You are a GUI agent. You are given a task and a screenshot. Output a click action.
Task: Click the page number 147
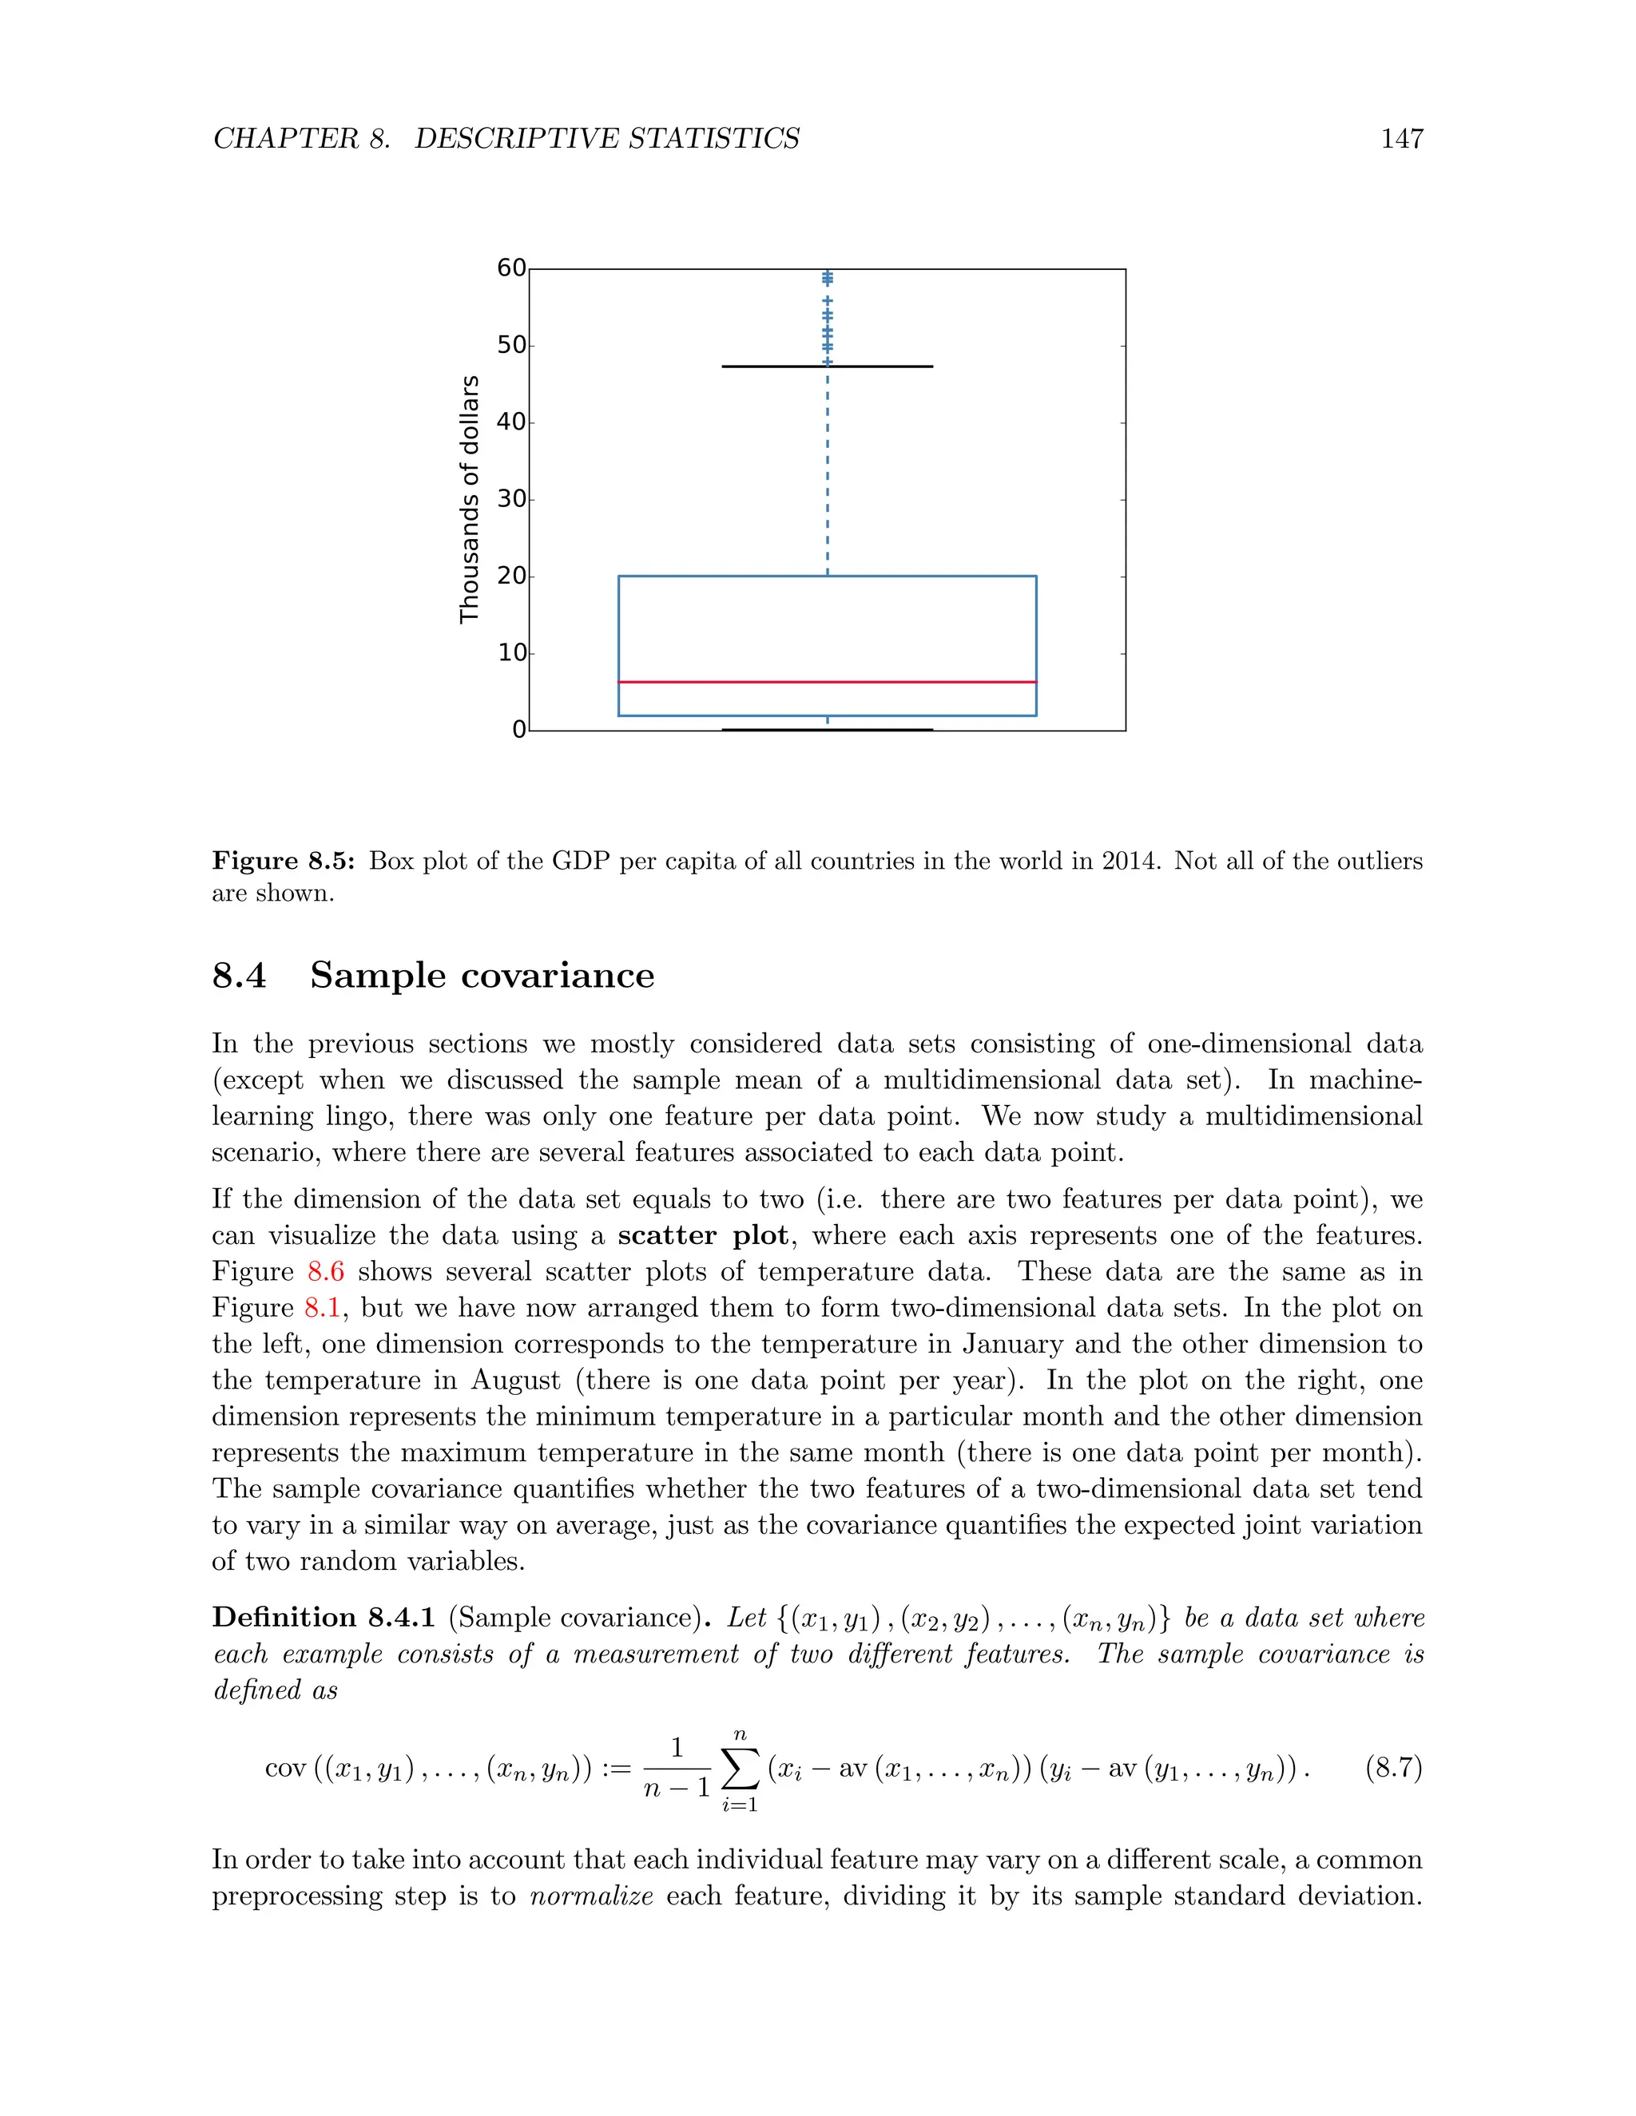(x=1401, y=139)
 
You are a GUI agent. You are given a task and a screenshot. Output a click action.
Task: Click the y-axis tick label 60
(x=510, y=268)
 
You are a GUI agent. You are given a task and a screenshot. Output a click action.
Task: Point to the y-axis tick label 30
(x=510, y=499)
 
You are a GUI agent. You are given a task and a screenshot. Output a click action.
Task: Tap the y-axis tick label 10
(x=510, y=653)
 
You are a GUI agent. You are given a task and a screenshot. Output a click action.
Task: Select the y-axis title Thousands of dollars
(x=469, y=499)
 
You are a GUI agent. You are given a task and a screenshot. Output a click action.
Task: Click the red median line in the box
(x=827, y=682)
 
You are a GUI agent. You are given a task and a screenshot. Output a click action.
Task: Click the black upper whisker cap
(x=827, y=367)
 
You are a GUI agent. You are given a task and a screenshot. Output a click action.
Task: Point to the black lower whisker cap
(x=827, y=730)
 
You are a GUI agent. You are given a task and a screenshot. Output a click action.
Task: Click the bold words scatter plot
(x=703, y=1236)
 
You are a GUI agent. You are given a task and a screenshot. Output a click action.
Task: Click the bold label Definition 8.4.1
(x=324, y=1618)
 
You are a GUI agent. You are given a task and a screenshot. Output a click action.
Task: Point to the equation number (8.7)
(x=1392, y=1768)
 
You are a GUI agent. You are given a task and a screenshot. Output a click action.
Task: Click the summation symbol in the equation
(x=740, y=1770)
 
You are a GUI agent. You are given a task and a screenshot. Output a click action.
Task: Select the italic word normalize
(x=591, y=1896)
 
